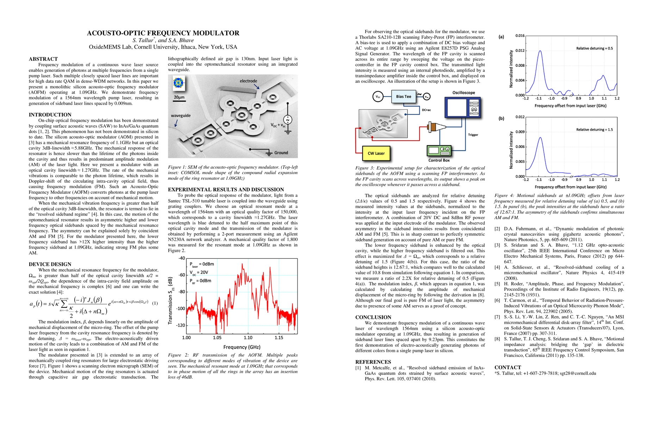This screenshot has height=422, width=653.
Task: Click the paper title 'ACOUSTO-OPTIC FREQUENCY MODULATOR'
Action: click(x=163, y=33)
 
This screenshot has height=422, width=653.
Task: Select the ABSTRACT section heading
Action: click(x=43, y=59)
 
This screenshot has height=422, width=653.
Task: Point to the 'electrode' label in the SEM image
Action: click(x=248, y=81)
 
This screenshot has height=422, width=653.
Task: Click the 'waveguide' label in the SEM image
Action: click(x=181, y=115)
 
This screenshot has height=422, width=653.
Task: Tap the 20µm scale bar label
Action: click(x=179, y=97)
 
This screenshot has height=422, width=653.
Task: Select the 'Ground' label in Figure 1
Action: click(x=281, y=153)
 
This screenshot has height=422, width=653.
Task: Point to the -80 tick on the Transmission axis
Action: click(x=181, y=292)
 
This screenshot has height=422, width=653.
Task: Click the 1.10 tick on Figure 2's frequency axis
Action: click(x=248, y=338)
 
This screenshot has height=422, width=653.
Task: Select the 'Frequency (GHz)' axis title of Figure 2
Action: click(x=242, y=347)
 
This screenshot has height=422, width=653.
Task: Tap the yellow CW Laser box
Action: click(x=376, y=153)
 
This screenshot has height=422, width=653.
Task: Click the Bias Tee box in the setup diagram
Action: click(x=404, y=96)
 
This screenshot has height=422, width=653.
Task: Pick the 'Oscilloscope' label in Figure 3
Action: click(x=464, y=93)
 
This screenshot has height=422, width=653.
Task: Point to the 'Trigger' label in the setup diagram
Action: click(x=473, y=135)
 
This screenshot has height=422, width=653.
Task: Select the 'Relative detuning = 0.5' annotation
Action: click(x=594, y=48)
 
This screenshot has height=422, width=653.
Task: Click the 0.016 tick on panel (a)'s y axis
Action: click(x=520, y=36)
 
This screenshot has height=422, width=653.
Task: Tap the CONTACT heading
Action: click(x=508, y=367)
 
